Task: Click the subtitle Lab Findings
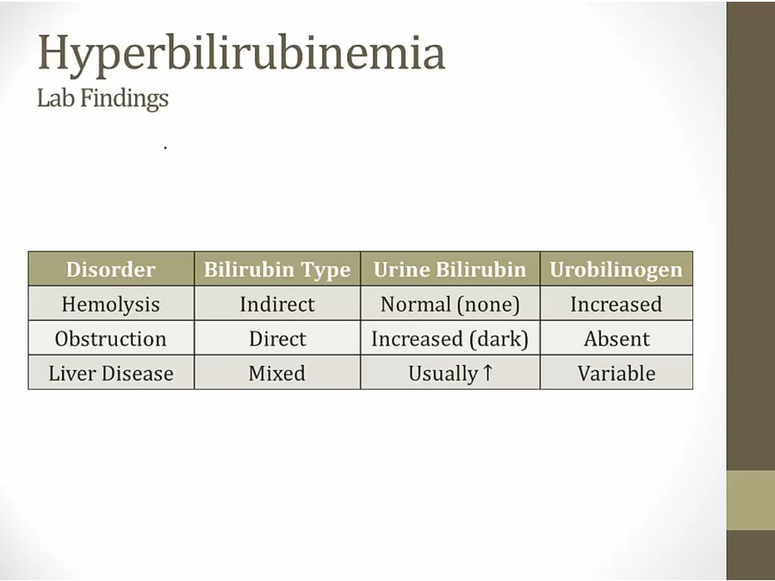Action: (102, 98)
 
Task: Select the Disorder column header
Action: (111, 269)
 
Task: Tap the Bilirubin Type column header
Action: (277, 270)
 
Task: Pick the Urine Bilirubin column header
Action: (449, 269)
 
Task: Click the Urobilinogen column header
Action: (617, 270)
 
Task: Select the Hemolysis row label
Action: (111, 305)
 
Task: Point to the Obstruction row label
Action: (111, 339)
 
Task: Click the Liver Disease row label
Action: (111, 374)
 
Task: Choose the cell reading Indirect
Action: (277, 305)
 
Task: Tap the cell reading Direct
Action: (277, 339)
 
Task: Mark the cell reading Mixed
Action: (277, 374)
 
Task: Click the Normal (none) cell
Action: (449, 305)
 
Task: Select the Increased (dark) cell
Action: (449, 339)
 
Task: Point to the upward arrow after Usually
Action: (487, 373)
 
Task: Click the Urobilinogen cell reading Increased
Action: (617, 305)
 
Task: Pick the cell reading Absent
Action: (617, 339)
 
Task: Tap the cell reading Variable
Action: (617, 374)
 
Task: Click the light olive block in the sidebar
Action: (750, 500)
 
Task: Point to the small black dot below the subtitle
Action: (165, 147)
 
